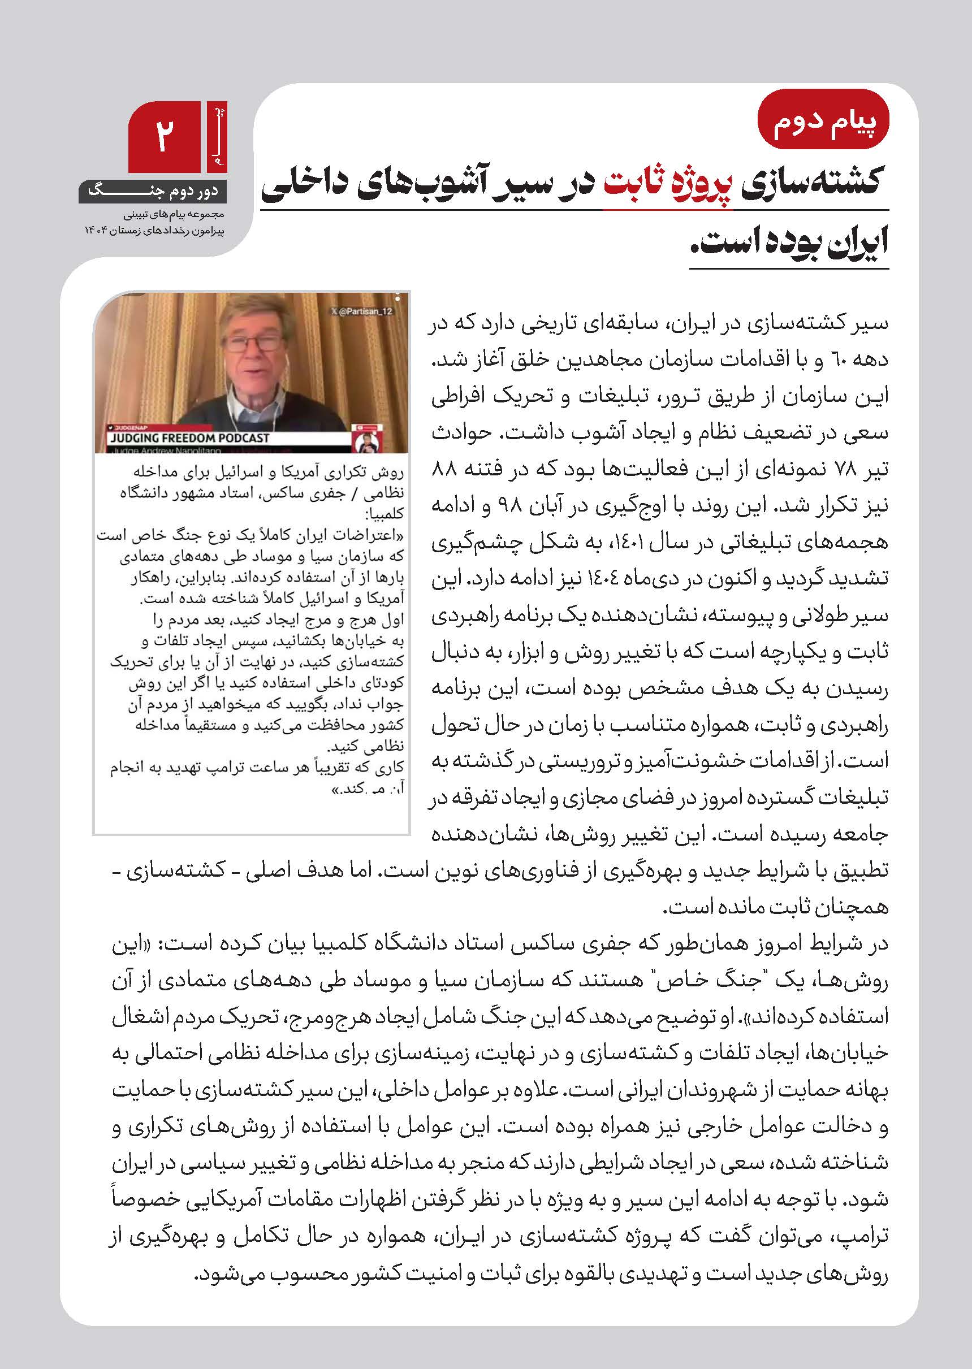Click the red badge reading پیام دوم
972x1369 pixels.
point(823,124)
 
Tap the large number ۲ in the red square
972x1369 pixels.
point(165,136)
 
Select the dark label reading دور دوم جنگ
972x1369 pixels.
point(153,192)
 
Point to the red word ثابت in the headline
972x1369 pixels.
point(633,183)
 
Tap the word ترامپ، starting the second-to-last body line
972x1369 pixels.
point(868,1236)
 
